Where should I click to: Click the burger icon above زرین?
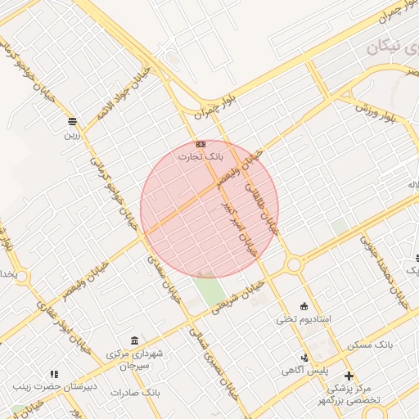(x=73, y=121)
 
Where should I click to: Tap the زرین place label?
(x=73, y=134)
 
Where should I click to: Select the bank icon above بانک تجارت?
(x=201, y=144)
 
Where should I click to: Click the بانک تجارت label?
(x=201, y=155)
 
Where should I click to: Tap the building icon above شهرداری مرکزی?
(x=134, y=340)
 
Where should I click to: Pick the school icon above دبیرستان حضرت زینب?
(x=54, y=373)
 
